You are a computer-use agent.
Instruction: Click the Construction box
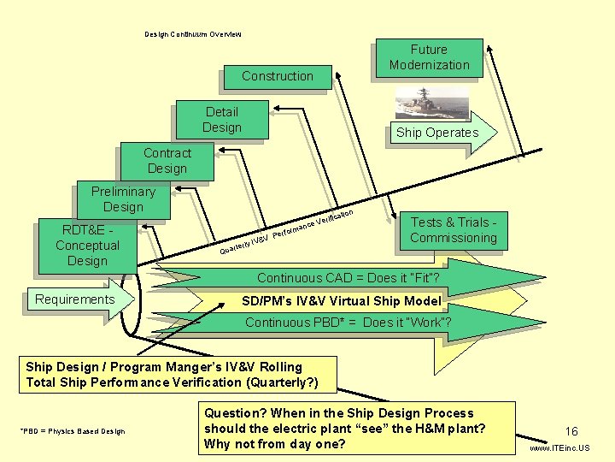click(277, 76)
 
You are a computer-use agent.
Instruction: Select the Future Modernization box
click(429, 58)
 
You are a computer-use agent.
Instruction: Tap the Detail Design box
click(222, 120)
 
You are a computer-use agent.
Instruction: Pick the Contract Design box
click(167, 161)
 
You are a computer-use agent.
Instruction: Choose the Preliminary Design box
click(123, 199)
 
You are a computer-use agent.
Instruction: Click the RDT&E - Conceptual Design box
click(87, 246)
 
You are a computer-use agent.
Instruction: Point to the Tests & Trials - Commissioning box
click(453, 231)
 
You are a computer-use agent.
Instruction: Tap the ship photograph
click(431, 103)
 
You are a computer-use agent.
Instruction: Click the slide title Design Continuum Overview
click(192, 34)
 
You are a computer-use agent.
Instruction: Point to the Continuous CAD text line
click(348, 278)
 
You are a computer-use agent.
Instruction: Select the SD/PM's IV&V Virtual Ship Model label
click(342, 300)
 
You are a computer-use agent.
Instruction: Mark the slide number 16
click(571, 432)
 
